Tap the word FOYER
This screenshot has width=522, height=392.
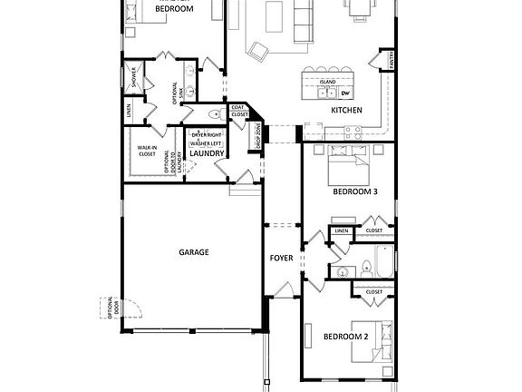(281, 258)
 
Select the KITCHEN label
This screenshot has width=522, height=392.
(346, 111)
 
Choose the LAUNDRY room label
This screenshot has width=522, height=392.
(207, 153)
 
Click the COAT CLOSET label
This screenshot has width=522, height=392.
(239, 111)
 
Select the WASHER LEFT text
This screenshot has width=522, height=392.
(206, 143)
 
